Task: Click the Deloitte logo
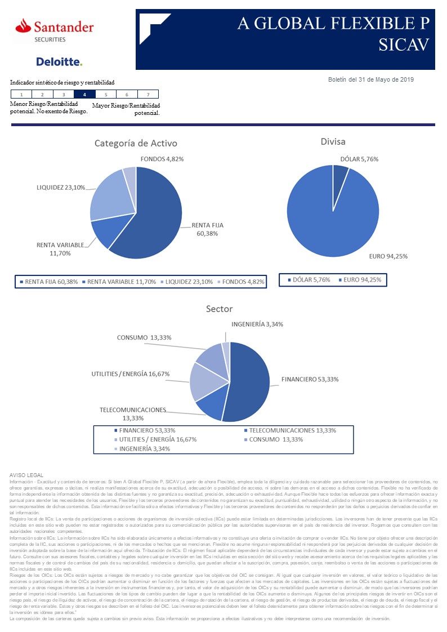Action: [x=59, y=61]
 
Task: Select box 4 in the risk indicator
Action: [x=84, y=95]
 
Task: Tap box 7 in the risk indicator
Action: [x=148, y=95]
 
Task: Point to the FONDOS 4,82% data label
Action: [x=162, y=159]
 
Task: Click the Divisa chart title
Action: [x=334, y=141]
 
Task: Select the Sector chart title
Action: [x=219, y=309]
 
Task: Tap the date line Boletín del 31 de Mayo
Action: [x=370, y=79]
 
